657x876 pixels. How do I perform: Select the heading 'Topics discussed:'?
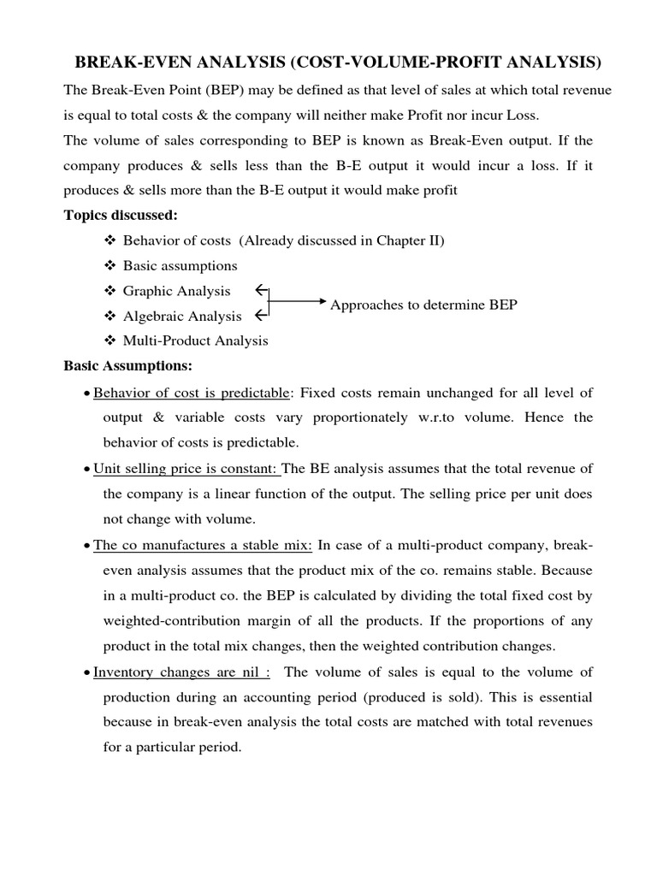[121, 215]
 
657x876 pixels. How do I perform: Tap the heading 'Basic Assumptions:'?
[128, 366]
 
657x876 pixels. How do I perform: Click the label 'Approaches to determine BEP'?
[423, 305]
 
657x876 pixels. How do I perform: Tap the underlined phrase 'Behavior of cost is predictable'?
[192, 393]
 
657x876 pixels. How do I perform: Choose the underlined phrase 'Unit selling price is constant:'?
[186, 469]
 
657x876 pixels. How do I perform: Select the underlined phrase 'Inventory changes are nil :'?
[181, 672]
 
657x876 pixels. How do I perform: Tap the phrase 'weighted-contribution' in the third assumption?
[170, 621]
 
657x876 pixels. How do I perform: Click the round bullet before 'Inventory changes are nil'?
[87, 673]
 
